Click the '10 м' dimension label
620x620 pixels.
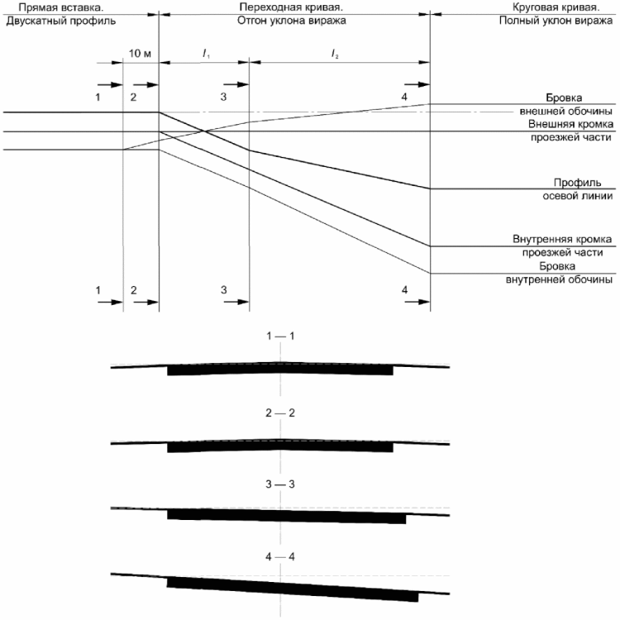coord(140,53)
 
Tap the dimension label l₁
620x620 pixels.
coord(206,54)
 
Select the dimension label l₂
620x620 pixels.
coord(335,54)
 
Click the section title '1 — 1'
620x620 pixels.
coord(280,336)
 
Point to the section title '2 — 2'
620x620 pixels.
coord(280,413)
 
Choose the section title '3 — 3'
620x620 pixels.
coord(280,484)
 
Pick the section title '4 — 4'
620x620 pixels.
coord(280,556)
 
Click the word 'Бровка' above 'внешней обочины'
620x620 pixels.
coord(564,98)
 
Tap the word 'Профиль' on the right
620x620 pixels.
coord(577,183)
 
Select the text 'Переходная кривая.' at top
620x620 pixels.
coord(291,7)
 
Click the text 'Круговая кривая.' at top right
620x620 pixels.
coord(556,7)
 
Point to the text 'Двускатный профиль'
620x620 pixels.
coord(61,21)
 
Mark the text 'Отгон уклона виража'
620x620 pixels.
coord(292,21)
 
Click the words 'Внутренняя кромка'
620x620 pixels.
coord(562,239)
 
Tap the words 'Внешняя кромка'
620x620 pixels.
coord(571,124)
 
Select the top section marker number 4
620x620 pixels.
coord(404,97)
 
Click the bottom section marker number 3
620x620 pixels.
coord(224,290)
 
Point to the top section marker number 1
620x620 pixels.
coord(98,97)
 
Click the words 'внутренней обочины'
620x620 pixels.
coord(559,279)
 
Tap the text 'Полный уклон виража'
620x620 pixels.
coord(556,21)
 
